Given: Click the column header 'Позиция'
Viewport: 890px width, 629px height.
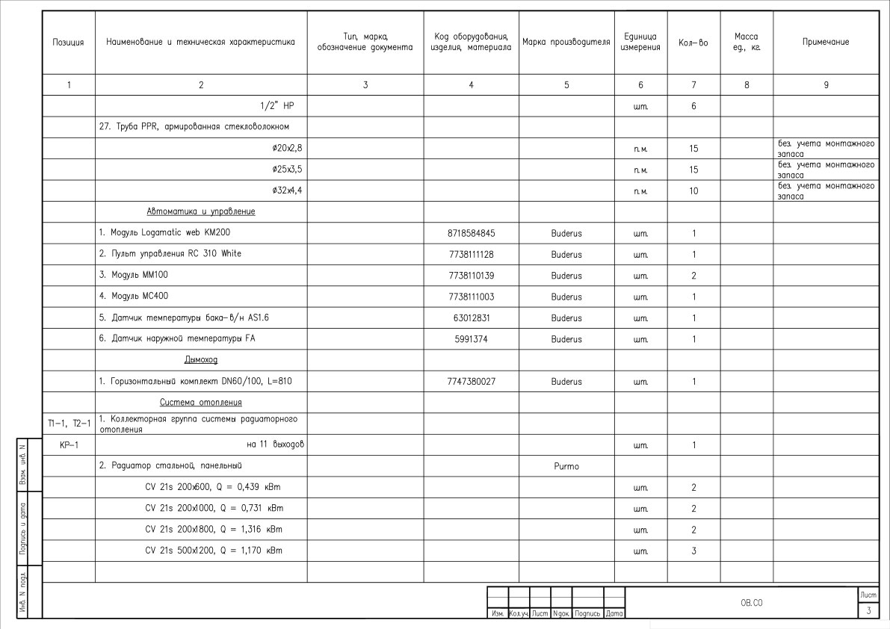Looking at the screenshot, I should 68,43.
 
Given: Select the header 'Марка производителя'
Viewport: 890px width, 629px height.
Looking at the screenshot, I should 566,43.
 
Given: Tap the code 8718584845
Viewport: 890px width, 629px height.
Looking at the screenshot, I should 471,233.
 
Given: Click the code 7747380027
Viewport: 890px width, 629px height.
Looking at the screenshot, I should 471,381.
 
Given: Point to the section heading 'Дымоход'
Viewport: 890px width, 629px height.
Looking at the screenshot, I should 200,360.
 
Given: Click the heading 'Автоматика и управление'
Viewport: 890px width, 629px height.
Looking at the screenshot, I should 200,212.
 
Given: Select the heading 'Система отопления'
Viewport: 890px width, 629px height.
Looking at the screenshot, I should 200,402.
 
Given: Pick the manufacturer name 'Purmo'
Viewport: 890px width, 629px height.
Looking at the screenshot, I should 566,466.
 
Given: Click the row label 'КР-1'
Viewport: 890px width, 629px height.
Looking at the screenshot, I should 69,445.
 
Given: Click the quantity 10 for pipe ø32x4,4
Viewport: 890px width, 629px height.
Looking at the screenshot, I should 693,191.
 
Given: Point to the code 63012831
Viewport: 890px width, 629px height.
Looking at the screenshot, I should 471,318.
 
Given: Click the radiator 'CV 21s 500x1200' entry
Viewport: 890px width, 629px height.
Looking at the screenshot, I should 214,551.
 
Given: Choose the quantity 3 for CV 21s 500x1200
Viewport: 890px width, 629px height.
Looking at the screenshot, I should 693,551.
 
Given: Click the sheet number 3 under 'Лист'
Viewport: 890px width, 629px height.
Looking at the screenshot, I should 868,611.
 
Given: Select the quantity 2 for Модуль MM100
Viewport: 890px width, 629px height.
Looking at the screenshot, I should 693,276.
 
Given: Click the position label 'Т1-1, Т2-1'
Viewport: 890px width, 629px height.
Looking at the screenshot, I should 69,424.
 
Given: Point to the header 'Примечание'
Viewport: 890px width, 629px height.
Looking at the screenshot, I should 825,43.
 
